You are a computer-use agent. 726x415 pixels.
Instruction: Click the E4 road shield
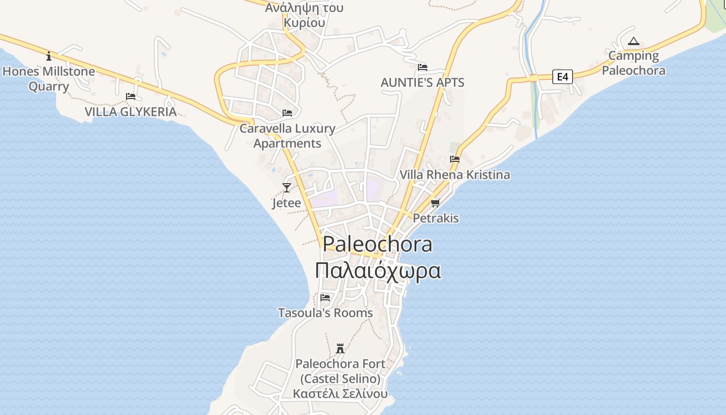click(x=562, y=77)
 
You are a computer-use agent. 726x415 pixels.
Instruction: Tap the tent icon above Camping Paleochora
click(x=633, y=41)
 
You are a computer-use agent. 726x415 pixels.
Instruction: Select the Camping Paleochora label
click(x=633, y=63)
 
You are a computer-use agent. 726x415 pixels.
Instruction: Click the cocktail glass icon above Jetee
click(x=286, y=187)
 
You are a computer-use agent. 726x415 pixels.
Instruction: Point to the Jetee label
click(x=286, y=203)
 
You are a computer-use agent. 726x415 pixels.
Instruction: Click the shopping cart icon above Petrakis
click(x=435, y=203)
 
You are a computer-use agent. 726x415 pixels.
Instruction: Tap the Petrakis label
click(x=436, y=218)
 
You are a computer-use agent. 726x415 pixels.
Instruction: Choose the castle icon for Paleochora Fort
click(x=340, y=348)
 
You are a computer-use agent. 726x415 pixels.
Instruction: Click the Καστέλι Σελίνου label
click(x=340, y=394)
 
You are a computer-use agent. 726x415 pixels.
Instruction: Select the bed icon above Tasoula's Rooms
click(x=325, y=298)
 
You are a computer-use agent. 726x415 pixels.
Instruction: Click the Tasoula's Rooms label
click(x=325, y=313)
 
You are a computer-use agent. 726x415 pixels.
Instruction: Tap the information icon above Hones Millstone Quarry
click(x=49, y=56)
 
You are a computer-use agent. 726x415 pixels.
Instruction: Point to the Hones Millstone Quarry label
click(x=49, y=78)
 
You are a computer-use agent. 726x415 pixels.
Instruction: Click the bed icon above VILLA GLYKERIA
click(x=131, y=96)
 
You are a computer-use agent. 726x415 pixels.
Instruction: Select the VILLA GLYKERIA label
click(x=131, y=112)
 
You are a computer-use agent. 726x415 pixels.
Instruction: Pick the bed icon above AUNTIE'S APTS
click(x=423, y=67)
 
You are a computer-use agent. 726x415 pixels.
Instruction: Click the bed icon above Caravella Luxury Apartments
click(x=287, y=113)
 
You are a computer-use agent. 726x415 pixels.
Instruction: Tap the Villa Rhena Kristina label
click(x=454, y=175)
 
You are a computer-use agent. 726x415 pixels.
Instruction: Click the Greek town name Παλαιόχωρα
click(x=379, y=271)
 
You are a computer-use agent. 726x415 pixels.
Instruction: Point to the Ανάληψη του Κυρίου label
click(x=304, y=15)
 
